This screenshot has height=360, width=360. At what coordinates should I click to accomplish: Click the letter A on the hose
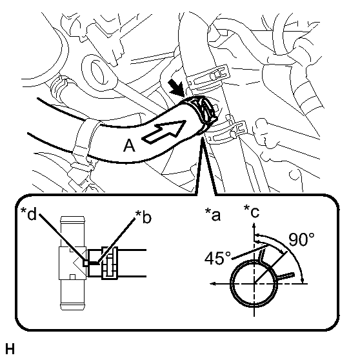(129, 146)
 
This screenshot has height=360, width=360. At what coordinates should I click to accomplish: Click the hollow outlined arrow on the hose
(164, 132)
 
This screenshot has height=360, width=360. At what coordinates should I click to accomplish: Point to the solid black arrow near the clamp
(176, 88)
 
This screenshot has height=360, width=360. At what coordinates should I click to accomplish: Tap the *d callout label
(28, 214)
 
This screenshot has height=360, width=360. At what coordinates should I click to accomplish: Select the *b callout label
(143, 217)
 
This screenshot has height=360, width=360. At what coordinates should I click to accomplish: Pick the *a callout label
(213, 215)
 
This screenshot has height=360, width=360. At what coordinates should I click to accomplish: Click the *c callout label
(252, 212)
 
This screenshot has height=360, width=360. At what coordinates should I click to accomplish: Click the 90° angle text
(301, 239)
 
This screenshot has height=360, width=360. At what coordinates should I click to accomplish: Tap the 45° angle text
(217, 258)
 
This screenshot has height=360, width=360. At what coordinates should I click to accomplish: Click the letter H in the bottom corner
(10, 349)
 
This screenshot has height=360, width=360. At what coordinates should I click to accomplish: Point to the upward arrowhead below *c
(254, 225)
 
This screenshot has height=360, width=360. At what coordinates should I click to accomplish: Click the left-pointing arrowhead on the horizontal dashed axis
(213, 284)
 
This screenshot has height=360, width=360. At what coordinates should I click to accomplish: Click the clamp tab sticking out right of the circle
(286, 276)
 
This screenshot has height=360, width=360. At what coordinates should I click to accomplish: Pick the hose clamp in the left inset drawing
(110, 263)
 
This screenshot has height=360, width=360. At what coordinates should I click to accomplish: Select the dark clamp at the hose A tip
(201, 112)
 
